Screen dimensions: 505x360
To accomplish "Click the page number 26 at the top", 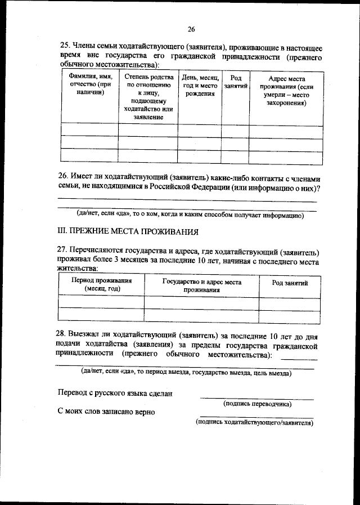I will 191,29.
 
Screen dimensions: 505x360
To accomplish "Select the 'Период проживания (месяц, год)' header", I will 102,284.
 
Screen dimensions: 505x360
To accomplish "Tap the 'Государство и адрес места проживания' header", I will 201,285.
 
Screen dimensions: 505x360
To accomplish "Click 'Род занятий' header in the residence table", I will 290,283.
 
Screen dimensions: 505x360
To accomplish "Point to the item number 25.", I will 65,46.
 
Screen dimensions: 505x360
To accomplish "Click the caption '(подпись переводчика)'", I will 257,404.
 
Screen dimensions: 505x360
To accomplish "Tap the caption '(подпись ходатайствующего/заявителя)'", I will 254,422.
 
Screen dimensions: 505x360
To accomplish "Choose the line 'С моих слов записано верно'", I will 107,412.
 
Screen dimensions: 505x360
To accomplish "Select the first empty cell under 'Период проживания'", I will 102,303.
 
